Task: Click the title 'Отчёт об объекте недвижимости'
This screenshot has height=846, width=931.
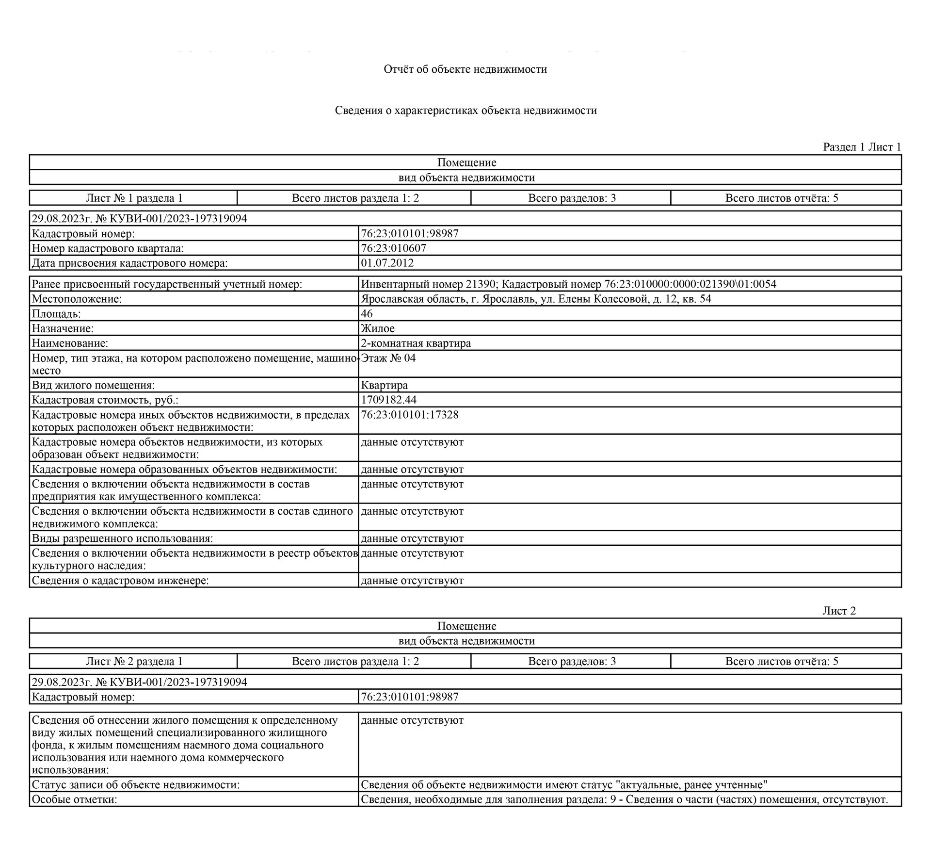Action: [x=465, y=69]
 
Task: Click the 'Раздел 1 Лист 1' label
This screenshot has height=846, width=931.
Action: [x=862, y=147]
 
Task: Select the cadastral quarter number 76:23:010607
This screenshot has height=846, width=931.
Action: [x=393, y=248]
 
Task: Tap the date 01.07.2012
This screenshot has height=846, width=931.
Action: [x=387, y=263]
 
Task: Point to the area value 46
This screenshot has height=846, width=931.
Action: [x=367, y=314]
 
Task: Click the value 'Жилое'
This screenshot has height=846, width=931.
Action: [x=377, y=329]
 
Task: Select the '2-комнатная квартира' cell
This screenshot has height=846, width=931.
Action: [x=416, y=343]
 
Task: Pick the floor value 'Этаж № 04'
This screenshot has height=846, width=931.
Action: [x=388, y=358]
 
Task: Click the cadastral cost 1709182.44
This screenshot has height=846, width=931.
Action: [x=388, y=400]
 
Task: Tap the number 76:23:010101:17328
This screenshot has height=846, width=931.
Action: [x=409, y=415]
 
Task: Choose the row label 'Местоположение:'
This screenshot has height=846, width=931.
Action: [x=77, y=299]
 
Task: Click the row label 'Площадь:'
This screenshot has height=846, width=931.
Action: [x=56, y=314]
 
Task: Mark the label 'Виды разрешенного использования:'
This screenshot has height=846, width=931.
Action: [x=122, y=538]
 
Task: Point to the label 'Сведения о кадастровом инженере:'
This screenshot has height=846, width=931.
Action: [x=120, y=581]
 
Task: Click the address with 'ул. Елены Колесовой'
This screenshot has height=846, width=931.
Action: [x=536, y=299]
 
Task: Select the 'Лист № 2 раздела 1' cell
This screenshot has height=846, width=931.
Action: [x=134, y=661]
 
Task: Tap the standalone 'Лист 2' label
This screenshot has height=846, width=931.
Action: [x=839, y=611]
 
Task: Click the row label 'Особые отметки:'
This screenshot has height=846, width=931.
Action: [x=75, y=799]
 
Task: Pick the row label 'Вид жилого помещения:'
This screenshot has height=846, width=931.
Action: [x=93, y=385]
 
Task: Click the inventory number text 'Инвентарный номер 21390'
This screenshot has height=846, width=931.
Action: [x=428, y=284]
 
